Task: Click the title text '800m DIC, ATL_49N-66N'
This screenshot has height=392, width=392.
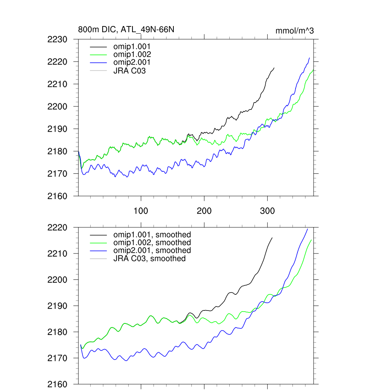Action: pos(126,29)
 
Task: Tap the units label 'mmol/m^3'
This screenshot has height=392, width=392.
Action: pos(294,31)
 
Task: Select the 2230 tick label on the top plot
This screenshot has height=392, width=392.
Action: pos(57,39)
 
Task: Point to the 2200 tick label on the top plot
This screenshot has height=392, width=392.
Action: pos(57,106)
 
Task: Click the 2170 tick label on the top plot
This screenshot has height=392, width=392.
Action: pos(57,174)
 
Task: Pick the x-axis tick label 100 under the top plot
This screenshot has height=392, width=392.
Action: pos(141,211)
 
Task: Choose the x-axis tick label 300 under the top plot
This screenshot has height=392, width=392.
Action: pos(267,211)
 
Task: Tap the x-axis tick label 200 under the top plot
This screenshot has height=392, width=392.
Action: pos(204,211)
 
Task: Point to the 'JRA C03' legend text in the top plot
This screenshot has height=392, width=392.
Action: pos(129,71)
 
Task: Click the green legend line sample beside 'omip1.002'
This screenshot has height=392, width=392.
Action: pos(98,55)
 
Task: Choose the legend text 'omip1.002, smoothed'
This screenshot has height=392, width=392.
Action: pos(152,243)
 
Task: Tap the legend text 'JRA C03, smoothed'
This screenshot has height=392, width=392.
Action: pos(149,259)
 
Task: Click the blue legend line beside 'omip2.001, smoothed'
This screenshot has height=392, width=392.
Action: pos(98,251)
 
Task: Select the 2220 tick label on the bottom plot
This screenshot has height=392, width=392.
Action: pos(57,227)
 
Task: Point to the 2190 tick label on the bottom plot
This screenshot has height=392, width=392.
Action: pos(57,306)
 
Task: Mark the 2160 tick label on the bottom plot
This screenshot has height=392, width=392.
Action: pos(57,384)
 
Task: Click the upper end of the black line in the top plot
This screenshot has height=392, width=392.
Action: pos(274,68)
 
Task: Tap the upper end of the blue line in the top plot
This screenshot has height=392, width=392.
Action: pos(309,58)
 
